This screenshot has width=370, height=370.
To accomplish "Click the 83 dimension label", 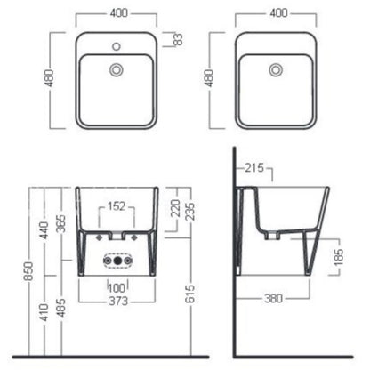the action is (x=178, y=39).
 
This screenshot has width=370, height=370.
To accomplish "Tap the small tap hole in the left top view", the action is (x=117, y=46).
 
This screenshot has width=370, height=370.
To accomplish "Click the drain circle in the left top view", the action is (x=117, y=70).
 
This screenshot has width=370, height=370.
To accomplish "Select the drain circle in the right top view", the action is (x=276, y=70).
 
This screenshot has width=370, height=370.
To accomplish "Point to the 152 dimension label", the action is (x=117, y=206).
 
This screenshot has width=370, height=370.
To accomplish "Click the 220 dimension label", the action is (x=175, y=208).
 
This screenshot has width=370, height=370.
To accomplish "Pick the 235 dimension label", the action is (x=189, y=212).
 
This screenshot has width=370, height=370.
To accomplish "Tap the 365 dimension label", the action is (x=61, y=224).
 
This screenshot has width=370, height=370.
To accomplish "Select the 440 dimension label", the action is (x=44, y=230).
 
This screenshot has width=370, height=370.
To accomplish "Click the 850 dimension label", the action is (x=28, y=271).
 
